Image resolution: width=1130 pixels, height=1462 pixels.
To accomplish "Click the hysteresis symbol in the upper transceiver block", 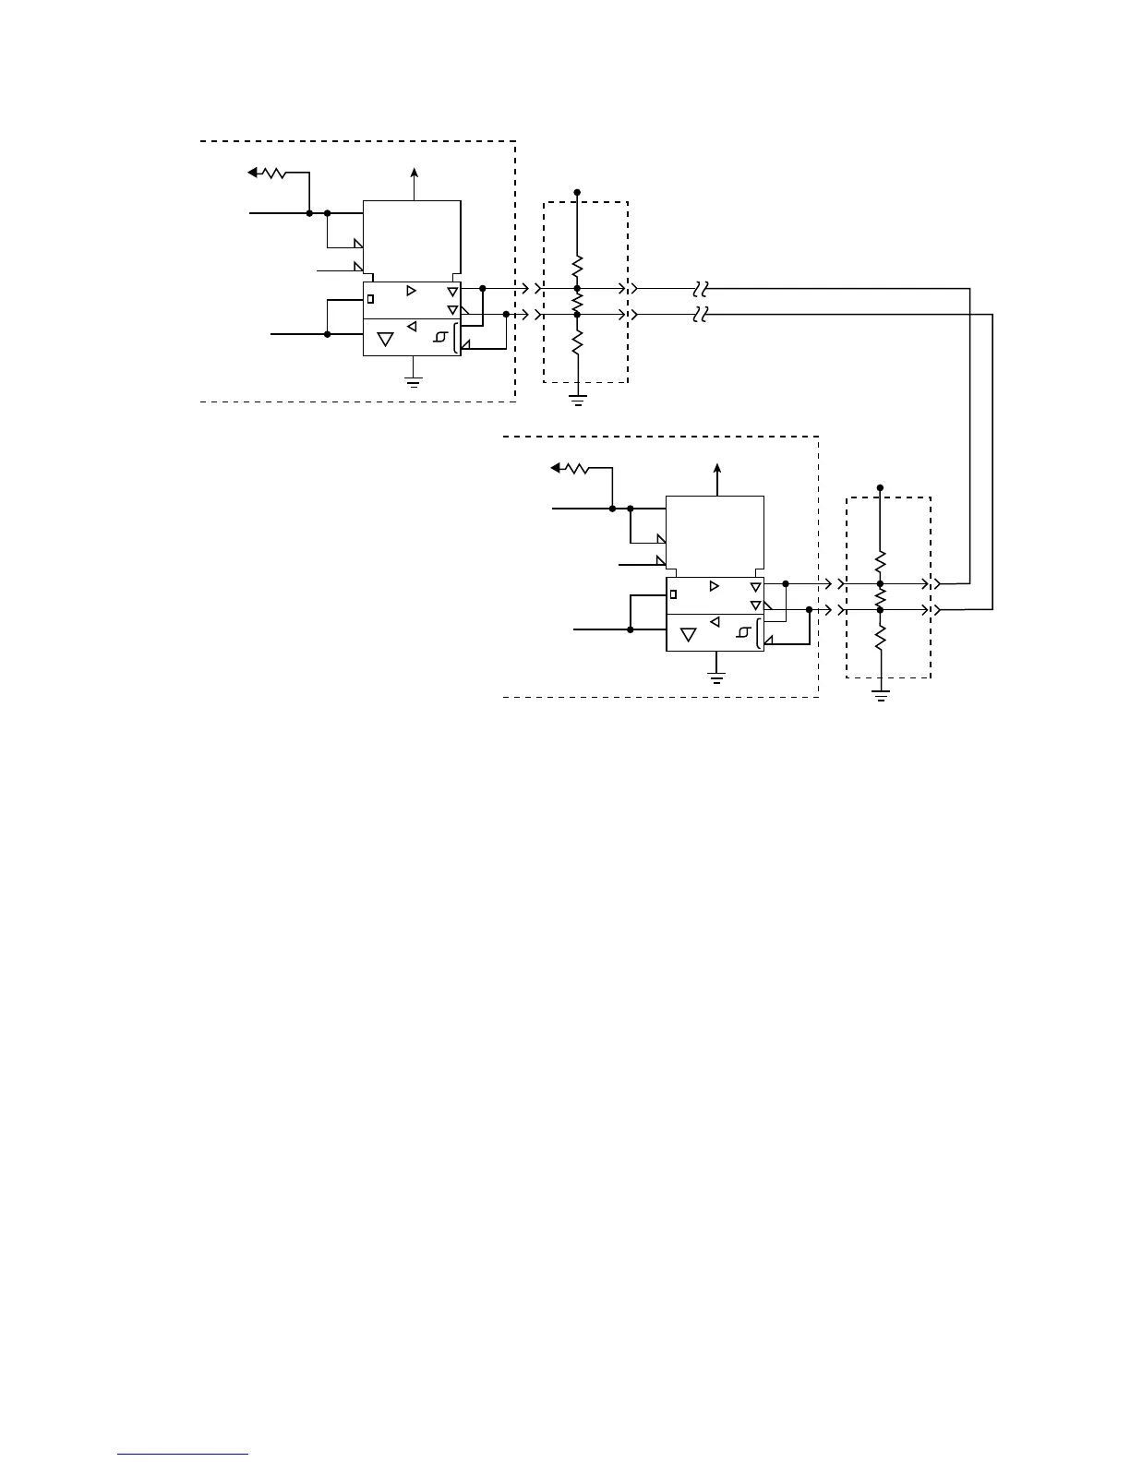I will [440, 339].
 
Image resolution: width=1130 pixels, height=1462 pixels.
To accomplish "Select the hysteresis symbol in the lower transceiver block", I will [743, 633].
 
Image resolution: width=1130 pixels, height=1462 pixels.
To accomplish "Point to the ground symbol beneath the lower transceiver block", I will [716, 676].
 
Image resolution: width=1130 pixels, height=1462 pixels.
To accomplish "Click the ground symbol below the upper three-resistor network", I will [577, 400].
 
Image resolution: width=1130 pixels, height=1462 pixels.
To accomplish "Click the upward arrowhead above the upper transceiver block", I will [414, 172].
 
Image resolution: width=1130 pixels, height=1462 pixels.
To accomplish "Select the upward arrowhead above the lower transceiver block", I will [717, 468].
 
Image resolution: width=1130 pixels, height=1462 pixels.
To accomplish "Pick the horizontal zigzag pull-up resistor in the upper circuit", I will [274, 173].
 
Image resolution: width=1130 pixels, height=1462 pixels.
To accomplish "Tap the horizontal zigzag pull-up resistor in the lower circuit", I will [576, 468].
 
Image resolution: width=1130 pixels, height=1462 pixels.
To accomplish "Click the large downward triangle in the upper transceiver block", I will [386, 339].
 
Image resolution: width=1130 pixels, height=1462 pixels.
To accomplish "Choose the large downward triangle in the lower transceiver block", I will [689, 635].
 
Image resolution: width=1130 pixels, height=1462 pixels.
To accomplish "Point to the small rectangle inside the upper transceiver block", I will [371, 299].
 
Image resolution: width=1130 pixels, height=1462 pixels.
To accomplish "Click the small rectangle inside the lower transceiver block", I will [674, 594].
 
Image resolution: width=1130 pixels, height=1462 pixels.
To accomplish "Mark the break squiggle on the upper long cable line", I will [700, 288].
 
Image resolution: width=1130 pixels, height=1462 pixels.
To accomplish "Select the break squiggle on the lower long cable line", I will [700, 315].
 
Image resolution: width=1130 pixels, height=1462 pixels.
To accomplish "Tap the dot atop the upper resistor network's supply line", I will [577, 192].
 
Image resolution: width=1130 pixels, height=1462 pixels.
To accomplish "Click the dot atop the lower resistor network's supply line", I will [881, 486].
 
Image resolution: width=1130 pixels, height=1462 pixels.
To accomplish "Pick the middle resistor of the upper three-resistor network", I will [577, 302].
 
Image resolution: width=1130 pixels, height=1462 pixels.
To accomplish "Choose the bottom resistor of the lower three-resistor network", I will [881, 637].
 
